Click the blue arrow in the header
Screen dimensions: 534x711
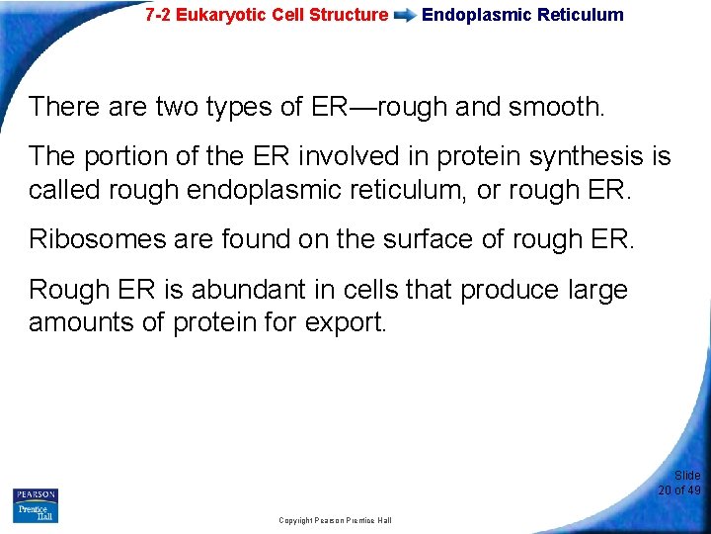405,16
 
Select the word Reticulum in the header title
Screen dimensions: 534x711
582,15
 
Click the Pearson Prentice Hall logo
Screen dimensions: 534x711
36,505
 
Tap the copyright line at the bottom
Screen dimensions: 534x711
335,520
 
